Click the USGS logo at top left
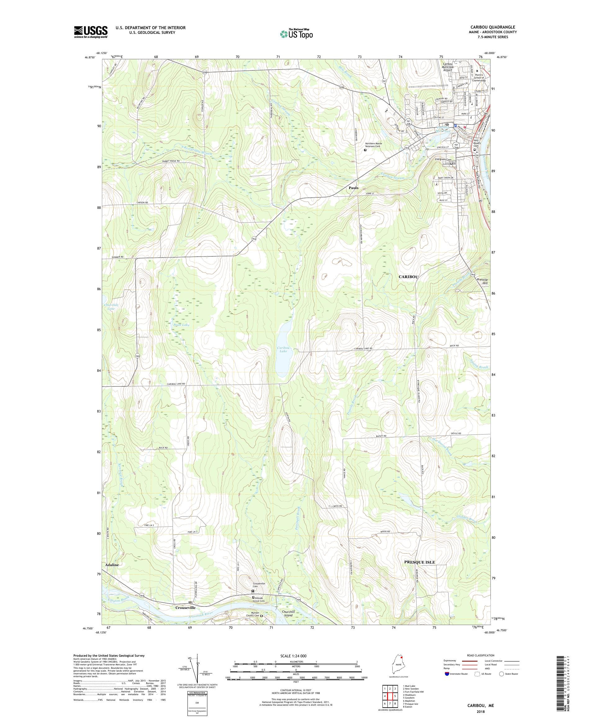[x=91, y=32]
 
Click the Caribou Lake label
[x=283, y=349]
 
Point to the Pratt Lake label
[x=181, y=325]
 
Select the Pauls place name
[x=353, y=188]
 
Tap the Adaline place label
[x=112, y=564]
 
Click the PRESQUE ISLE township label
[x=419, y=562]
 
